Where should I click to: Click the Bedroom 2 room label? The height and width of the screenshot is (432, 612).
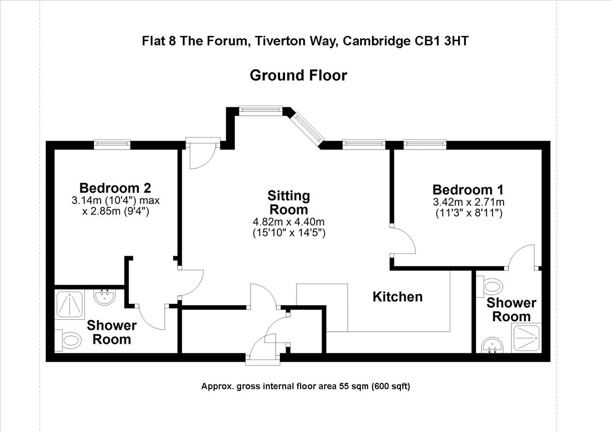(x=115, y=188)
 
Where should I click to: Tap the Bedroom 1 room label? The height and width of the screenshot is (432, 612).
(x=468, y=189)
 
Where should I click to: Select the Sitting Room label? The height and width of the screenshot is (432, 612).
(x=288, y=202)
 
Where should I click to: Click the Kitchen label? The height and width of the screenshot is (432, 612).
(x=397, y=297)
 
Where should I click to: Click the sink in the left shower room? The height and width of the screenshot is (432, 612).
(x=105, y=297)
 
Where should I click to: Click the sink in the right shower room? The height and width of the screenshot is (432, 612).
(x=491, y=345)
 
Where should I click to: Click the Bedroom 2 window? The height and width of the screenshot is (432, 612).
(x=112, y=144)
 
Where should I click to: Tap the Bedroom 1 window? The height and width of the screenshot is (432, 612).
(x=425, y=144)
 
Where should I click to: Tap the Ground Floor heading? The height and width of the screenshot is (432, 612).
(x=298, y=75)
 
